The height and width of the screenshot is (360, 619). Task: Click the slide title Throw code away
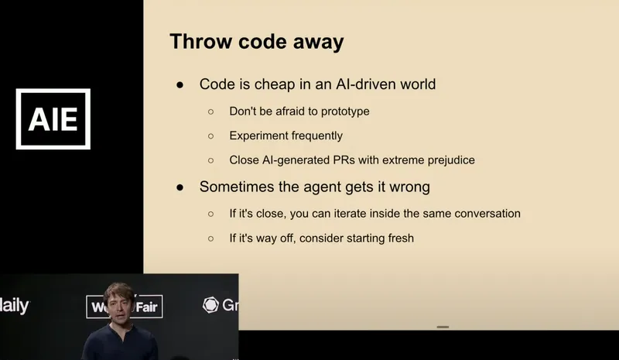coord(257,42)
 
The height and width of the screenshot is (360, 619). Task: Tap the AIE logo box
coord(53,119)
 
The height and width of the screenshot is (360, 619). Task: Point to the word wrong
coord(412,187)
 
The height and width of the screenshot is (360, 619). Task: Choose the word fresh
coord(398,238)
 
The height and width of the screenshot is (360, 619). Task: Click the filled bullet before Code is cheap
coord(180,84)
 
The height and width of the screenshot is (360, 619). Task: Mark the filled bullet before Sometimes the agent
coord(180,187)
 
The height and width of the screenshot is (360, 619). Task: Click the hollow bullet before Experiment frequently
coord(210,136)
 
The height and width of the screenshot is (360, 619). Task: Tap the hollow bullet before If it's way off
coord(210,238)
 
